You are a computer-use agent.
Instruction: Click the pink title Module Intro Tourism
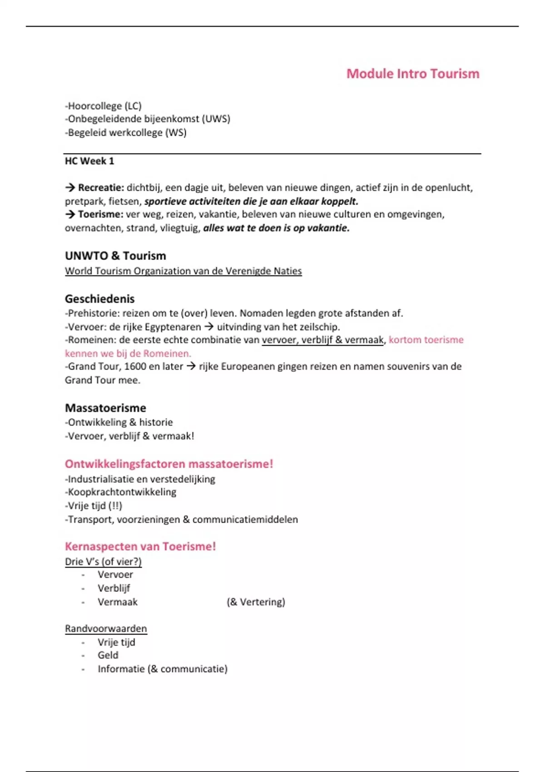click(x=412, y=74)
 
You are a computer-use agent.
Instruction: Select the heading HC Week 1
click(x=89, y=161)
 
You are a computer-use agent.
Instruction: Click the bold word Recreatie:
click(x=101, y=188)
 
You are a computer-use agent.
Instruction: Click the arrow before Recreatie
click(x=70, y=188)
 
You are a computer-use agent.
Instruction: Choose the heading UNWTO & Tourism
click(x=115, y=256)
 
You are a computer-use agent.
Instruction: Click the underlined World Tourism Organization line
click(x=183, y=271)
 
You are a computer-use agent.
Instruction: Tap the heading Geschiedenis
click(x=99, y=299)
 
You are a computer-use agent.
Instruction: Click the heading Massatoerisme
click(x=105, y=408)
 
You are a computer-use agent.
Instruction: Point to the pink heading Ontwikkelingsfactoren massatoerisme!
click(x=169, y=464)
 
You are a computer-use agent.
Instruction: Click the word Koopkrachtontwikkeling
click(x=122, y=492)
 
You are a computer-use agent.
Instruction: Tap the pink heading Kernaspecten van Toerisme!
click(x=140, y=546)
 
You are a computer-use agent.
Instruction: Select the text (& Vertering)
click(x=256, y=602)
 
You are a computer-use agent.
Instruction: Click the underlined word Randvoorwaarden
click(x=106, y=628)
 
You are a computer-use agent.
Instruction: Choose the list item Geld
click(x=108, y=655)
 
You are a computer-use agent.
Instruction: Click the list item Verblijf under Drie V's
click(x=114, y=589)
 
